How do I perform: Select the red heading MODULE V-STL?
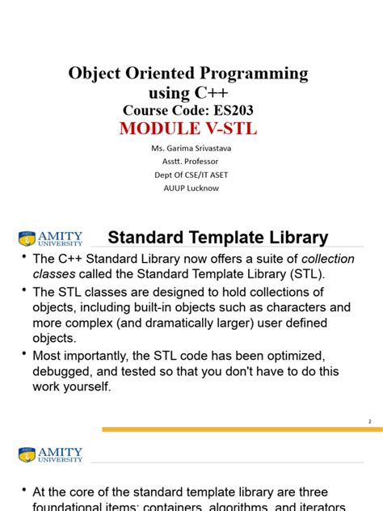pyautogui.click(x=189, y=129)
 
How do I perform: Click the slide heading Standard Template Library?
pyautogui.click(x=218, y=238)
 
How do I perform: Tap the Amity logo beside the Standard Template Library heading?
pyautogui.click(x=50, y=239)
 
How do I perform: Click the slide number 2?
pyautogui.click(x=369, y=422)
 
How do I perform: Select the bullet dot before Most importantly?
pyautogui.click(x=23, y=356)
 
